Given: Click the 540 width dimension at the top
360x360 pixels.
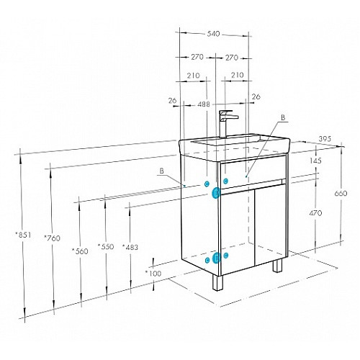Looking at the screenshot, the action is coord(213,34).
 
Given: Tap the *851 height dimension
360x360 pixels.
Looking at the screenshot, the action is coord(23,235).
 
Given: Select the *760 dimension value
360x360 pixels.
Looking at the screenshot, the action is coord(52,238).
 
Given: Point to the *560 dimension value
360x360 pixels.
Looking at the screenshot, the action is coord(80,251).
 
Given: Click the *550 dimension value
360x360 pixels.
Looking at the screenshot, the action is coord(106,246).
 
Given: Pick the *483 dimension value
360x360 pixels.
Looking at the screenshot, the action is coord(130,247).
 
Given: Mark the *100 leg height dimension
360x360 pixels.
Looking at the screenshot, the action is coord(153,273).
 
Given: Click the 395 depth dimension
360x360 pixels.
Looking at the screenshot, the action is coord(325,139).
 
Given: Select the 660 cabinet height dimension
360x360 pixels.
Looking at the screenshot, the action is coord(341,193).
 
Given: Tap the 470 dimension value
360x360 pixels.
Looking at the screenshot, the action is coord(315,213).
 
